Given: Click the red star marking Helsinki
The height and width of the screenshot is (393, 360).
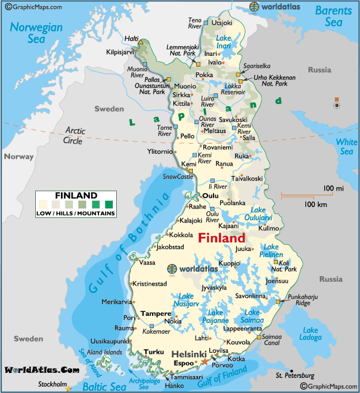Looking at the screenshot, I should pyautogui.click(x=204, y=362).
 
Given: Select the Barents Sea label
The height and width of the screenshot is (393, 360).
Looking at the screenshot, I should pyautogui.click(x=333, y=16).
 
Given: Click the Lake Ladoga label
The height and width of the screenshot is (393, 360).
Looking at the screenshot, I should pyautogui.click(x=310, y=334).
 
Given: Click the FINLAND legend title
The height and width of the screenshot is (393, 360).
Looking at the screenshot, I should pyautogui.click(x=76, y=195).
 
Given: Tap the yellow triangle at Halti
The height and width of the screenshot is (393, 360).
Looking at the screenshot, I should pyautogui.click(x=141, y=42).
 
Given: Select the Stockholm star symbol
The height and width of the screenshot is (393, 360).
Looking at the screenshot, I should pyautogui.click(x=69, y=388).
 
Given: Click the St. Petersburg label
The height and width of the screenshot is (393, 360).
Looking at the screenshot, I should pyautogui.click(x=295, y=376).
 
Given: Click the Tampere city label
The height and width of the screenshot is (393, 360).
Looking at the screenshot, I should pyautogui.click(x=155, y=314).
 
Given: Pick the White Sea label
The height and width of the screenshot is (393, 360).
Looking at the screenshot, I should pyautogui.click(x=346, y=147).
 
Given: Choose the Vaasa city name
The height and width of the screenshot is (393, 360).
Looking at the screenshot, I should pyautogui.click(x=148, y=262).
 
